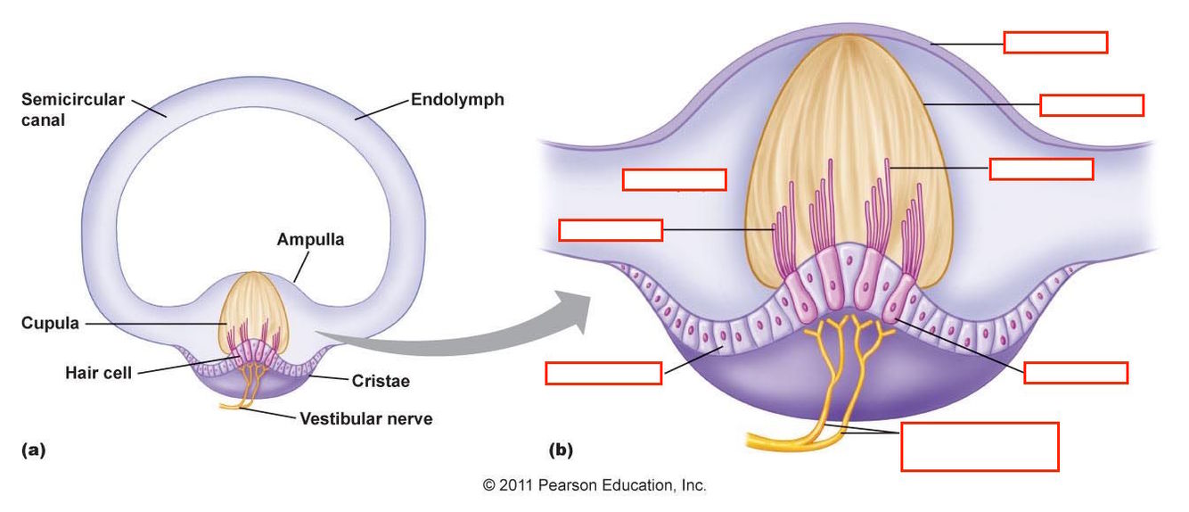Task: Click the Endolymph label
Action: click(457, 99)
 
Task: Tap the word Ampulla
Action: click(309, 239)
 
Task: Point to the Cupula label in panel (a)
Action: click(50, 324)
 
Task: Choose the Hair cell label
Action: click(98, 373)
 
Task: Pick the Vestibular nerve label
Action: click(365, 417)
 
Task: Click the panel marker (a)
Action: click(32, 450)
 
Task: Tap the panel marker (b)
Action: click(561, 450)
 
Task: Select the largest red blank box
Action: click(980, 446)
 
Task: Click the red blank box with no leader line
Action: click(674, 179)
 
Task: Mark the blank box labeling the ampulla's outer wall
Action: click(1055, 42)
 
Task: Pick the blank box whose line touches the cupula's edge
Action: click(1091, 104)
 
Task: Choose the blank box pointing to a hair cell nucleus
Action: click(1076, 373)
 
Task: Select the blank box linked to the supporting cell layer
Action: click(603, 373)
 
